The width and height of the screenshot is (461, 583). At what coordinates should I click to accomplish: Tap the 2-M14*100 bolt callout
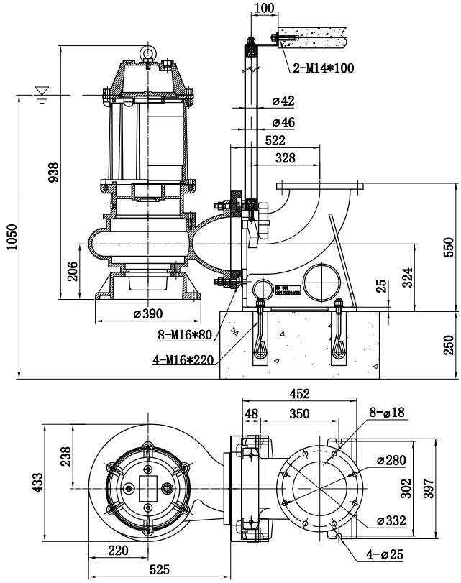(x=324, y=69)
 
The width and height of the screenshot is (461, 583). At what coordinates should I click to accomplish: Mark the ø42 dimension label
(x=283, y=101)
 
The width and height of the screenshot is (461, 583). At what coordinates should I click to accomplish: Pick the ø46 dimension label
(x=283, y=121)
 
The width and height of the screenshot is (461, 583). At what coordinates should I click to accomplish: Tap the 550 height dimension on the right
(x=448, y=246)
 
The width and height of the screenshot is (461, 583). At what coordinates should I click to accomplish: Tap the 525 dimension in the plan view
(x=160, y=569)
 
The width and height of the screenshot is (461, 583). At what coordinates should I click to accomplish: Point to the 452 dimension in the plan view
(x=299, y=393)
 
